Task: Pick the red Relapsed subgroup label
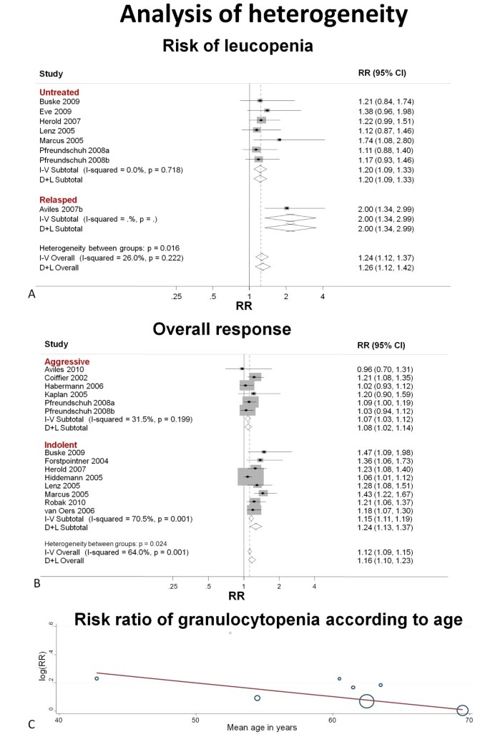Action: (58, 199)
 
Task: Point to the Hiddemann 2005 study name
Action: (71, 476)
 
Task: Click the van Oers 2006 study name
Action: (68, 510)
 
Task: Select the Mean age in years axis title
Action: (263, 728)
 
